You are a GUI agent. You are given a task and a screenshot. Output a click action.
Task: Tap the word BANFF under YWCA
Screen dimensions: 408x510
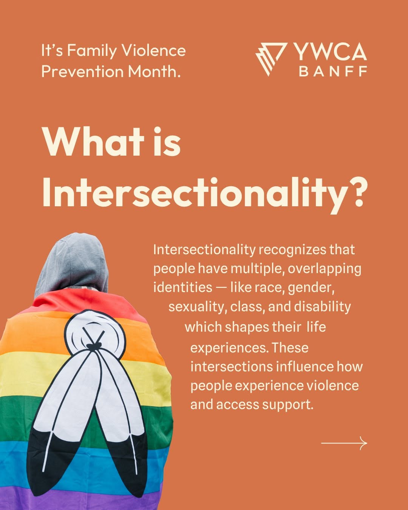[333, 71]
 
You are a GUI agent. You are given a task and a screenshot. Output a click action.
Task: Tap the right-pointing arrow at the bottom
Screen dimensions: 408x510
[344, 443]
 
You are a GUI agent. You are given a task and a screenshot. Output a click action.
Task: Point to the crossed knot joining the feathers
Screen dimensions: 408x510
[94, 346]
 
